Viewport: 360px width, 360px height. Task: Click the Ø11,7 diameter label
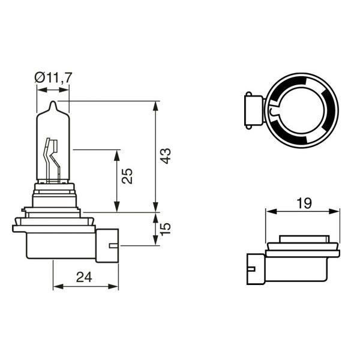[53, 77]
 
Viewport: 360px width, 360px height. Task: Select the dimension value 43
[166, 156]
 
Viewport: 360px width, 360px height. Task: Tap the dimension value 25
[127, 176]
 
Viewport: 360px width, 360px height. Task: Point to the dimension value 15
[166, 229]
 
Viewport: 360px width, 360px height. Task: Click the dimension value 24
[84, 277]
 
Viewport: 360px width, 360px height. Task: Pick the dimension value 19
[304, 203]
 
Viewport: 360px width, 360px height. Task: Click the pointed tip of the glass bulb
[53, 101]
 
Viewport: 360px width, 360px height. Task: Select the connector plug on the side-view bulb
[107, 245]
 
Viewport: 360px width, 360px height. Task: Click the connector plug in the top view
[254, 110]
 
